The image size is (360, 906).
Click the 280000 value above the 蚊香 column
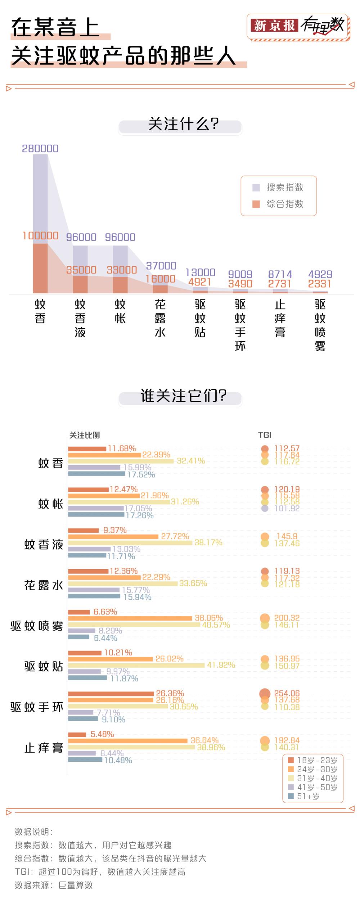pyautogui.click(x=40, y=148)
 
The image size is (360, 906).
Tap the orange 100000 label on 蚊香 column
pyautogui.click(x=40, y=236)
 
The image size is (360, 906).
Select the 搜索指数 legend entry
pyautogui.click(x=278, y=187)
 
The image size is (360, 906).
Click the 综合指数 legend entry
pyautogui.click(x=278, y=204)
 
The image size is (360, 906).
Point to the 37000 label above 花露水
pyautogui.click(x=161, y=266)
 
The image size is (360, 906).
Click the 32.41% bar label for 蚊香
pyautogui.click(x=191, y=461)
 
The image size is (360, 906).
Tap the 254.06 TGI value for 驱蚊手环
pyautogui.click(x=287, y=693)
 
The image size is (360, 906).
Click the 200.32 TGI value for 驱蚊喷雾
pyautogui.click(x=287, y=618)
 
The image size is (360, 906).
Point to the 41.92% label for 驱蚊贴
pyautogui.click(x=221, y=665)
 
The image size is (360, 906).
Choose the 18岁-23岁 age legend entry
pyautogui.click(x=312, y=760)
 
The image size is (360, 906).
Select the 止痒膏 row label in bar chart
pyautogui.click(x=44, y=748)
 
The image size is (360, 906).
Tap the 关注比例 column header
pyautogui.click(x=84, y=435)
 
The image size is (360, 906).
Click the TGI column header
pyautogui.click(x=265, y=435)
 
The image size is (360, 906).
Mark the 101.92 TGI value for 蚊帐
pyautogui.click(x=287, y=508)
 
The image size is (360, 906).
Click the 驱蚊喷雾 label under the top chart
pyautogui.click(x=320, y=325)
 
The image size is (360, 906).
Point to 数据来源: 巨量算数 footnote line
pyautogui.click(x=54, y=885)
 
